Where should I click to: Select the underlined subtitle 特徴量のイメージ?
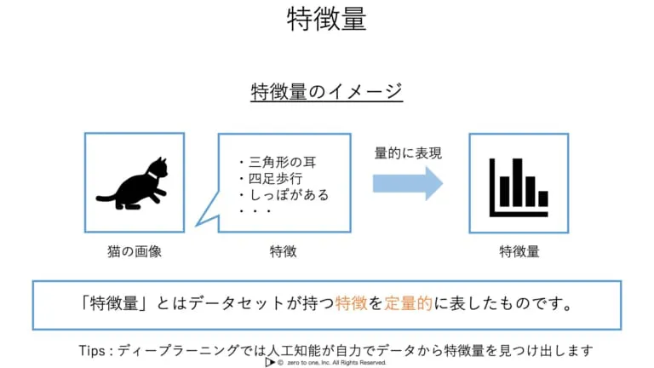326,91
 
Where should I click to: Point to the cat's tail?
105,199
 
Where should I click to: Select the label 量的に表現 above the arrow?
408,154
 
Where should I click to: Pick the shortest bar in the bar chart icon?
542,198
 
